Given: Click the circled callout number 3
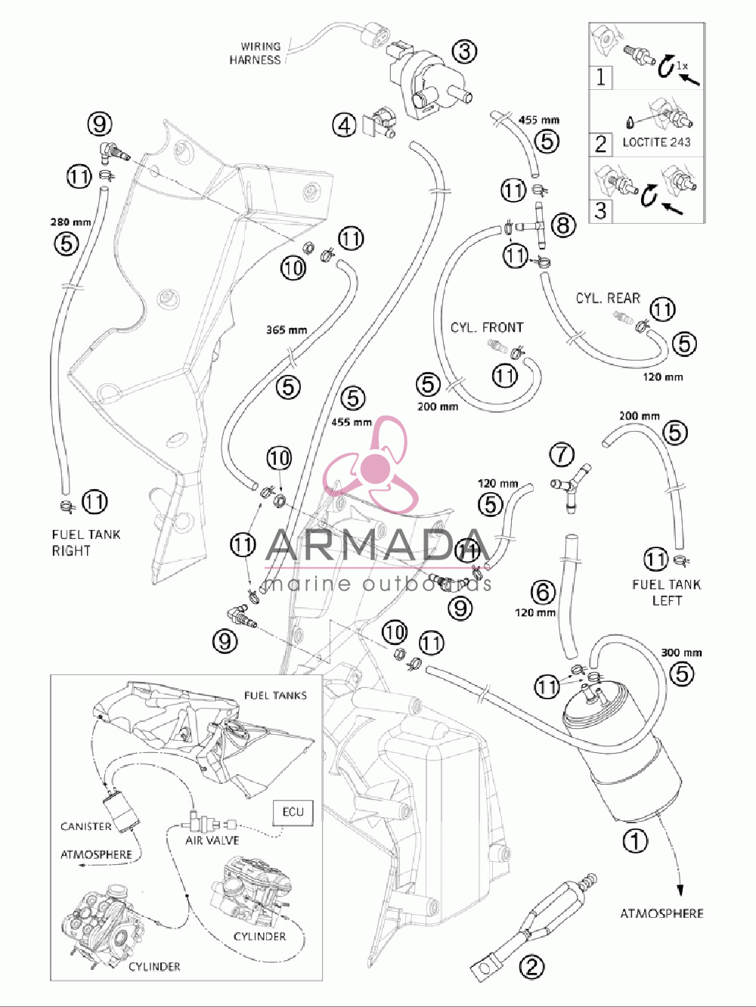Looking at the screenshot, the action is pyautogui.click(x=464, y=51).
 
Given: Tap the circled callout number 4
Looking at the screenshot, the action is pyautogui.click(x=345, y=125).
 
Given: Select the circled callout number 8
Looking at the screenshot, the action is pyautogui.click(x=563, y=225).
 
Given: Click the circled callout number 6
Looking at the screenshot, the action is pyautogui.click(x=543, y=592).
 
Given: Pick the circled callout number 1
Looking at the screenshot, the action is pyautogui.click(x=635, y=841).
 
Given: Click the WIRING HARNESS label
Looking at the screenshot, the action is pyautogui.click(x=255, y=53).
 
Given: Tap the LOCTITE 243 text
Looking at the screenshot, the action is pyautogui.click(x=656, y=142).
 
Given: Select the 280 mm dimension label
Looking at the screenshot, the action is pyautogui.click(x=70, y=222).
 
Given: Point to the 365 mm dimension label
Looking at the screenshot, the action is pyautogui.click(x=287, y=330).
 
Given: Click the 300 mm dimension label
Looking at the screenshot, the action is pyautogui.click(x=681, y=652).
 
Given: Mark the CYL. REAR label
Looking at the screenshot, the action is pyautogui.click(x=608, y=298).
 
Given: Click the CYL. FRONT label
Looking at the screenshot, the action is pyautogui.click(x=487, y=327).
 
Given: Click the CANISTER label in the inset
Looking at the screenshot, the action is pyautogui.click(x=86, y=827).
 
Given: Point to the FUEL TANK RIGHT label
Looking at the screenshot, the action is pyautogui.click(x=86, y=542).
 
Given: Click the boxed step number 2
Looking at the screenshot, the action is pyautogui.click(x=600, y=144).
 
